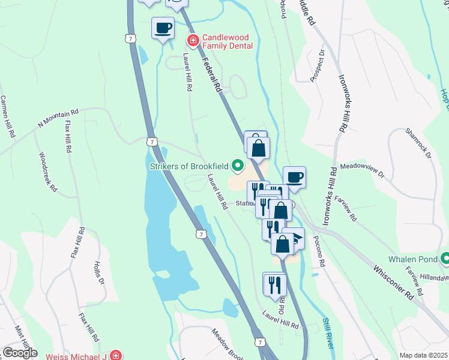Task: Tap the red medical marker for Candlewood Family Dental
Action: (193, 41)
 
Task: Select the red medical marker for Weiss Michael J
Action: (115, 356)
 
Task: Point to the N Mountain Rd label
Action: (58, 118)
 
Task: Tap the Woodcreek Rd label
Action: (48, 172)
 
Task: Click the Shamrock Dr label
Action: (419, 143)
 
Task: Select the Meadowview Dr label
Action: (361, 170)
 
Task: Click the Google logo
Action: (20, 352)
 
